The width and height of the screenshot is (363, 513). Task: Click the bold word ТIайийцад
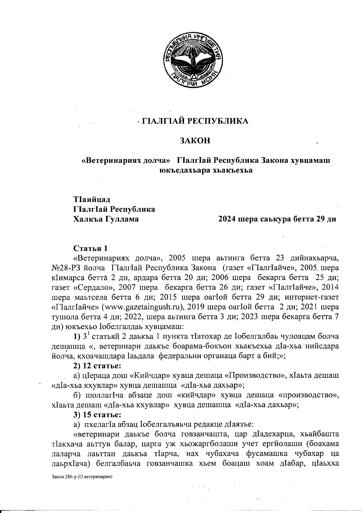click(92, 200)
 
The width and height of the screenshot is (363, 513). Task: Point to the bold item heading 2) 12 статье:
click(97, 365)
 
